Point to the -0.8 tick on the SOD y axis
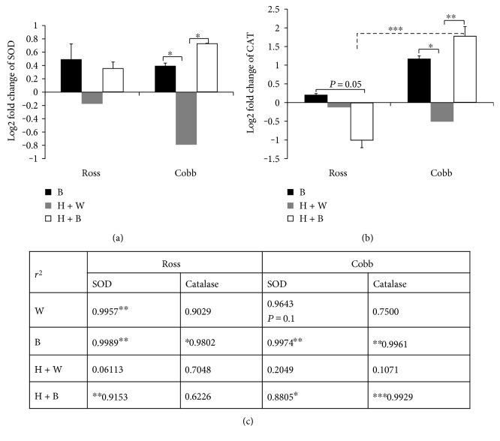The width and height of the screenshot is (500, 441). coord(27,145)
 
